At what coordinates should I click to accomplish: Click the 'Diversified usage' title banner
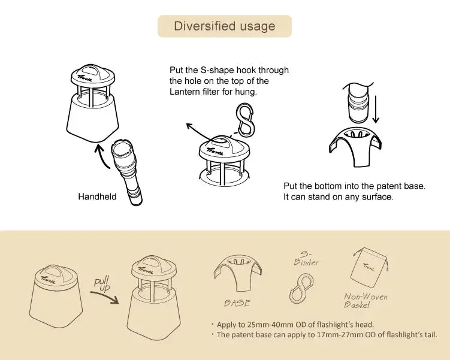(x=225, y=26)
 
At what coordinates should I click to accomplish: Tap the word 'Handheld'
(x=97, y=196)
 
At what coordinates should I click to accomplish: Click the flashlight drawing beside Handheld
(x=126, y=172)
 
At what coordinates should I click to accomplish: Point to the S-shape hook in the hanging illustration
(x=244, y=119)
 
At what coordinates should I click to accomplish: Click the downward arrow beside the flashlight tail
(x=376, y=110)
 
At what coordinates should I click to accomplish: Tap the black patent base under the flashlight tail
(x=355, y=146)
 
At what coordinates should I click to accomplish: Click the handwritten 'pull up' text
(x=102, y=284)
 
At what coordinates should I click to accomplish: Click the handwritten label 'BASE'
(x=237, y=303)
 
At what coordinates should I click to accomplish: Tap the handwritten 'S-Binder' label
(x=306, y=258)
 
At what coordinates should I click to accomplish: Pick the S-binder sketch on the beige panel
(x=301, y=289)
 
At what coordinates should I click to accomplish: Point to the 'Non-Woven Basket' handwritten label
(x=366, y=300)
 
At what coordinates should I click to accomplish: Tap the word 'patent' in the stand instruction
(x=389, y=186)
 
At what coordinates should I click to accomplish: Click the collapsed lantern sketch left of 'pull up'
(x=56, y=296)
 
